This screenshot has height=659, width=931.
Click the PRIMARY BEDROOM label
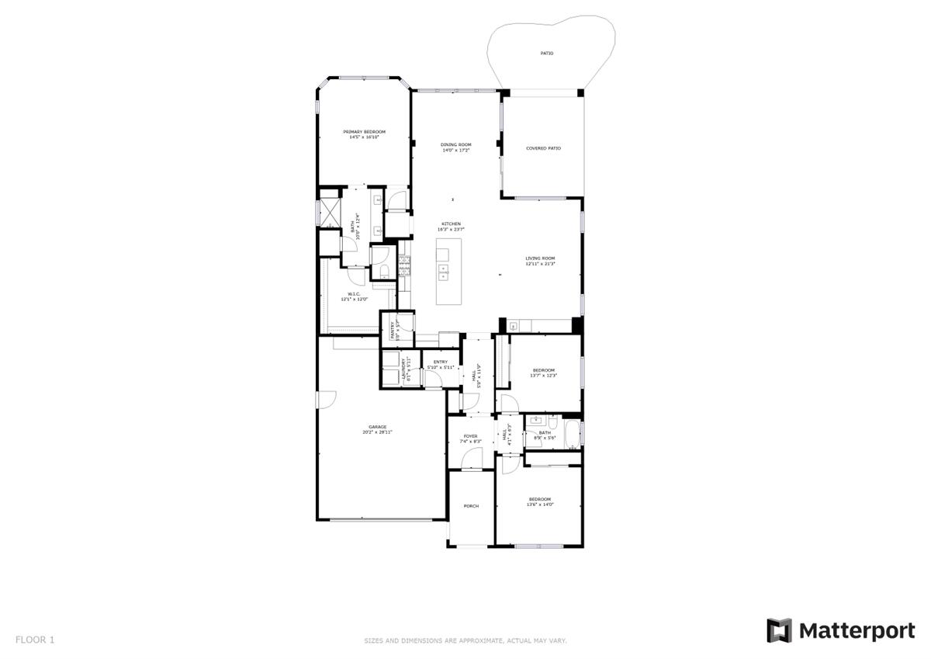(364, 132)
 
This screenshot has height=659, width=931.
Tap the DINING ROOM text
(456, 144)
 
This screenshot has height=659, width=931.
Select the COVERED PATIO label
(543, 148)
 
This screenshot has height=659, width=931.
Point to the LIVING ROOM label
(540, 258)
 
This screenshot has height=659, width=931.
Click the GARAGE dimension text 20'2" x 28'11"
(378, 432)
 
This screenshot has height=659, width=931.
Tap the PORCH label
(471, 506)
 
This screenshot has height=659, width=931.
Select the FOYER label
(471, 436)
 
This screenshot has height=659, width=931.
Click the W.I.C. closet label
(353, 294)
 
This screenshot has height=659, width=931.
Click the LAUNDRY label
(403, 369)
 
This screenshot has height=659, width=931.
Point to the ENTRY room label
(441, 362)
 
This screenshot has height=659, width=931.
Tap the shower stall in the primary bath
(327, 211)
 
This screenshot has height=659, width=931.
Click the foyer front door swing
(471, 460)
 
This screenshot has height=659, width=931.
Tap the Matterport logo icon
(779, 630)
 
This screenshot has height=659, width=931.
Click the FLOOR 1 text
(35, 640)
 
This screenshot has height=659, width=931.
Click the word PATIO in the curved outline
(548, 54)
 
